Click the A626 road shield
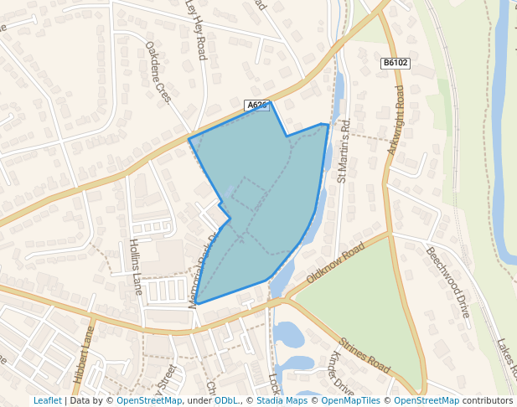tap(257, 106)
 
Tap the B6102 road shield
tap(395, 63)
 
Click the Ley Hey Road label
tap(195, 30)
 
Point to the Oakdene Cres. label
tap(158, 72)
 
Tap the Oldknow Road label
tap(336, 264)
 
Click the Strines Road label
tap(365, 356)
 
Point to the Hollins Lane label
tap(135, 266)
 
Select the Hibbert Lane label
tap(85, 354)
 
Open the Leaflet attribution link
tap(48, 400)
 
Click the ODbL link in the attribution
tap(225, 400)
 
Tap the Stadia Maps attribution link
tap(282, 400)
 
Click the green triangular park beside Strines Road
tap(369, 301)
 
